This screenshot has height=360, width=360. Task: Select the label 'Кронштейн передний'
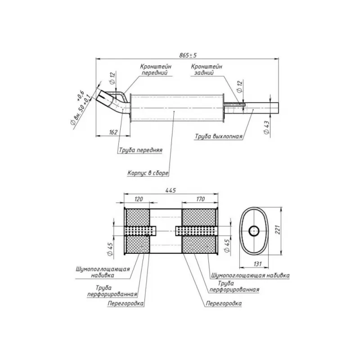pyautogui.click(x=155, y=69)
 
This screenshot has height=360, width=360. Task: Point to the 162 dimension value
pyautogui.click(x=113, y=132)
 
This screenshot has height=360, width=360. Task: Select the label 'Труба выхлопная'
pyautogui.click(x=219, y=135)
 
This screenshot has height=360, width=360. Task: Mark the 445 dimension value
pyautogui.click(x=170, y=191)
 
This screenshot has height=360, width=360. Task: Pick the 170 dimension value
pyautogui.click(x=200, y=198)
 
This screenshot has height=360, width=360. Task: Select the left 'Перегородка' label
pyautogui.click(x=126, y=303)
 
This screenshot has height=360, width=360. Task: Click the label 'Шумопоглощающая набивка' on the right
pyautogui.click(x=250, y=274)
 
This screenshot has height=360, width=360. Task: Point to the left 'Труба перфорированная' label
pyautogui.click(x=112, y=291)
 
